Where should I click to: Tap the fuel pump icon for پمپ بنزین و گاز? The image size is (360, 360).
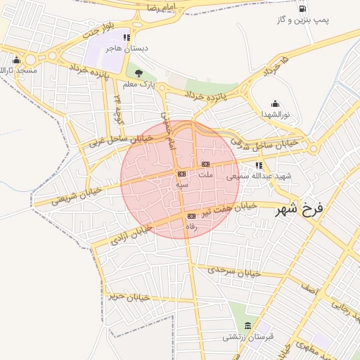click(x=303, y=8)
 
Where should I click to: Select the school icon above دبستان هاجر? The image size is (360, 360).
click(x=126, y=37)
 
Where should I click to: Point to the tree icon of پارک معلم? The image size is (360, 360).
click(x=139, y=72)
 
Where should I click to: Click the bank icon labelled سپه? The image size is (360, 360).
click(x=181, y=173)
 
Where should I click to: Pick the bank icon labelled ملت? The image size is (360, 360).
click(x=205, y=164)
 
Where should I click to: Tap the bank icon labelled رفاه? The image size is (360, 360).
click(x=191, y=216)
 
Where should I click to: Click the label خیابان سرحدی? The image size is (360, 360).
click(x=236, y=270)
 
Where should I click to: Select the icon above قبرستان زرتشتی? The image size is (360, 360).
click(x=247, y=325)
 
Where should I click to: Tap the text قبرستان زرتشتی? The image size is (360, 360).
click(x=250, y=337)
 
